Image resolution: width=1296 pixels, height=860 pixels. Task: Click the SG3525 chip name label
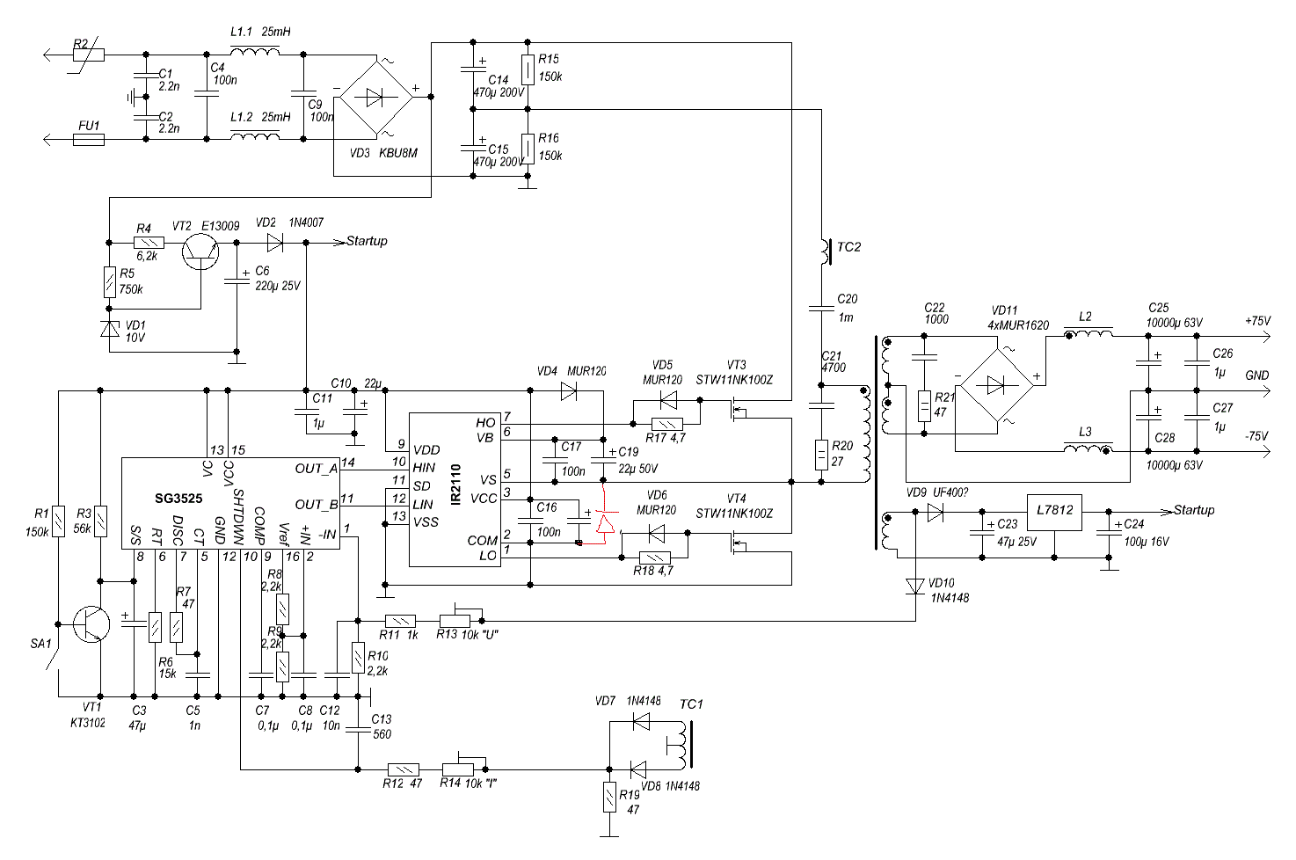(x=178, y=499)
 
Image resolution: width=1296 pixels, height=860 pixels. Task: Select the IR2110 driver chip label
(x=456, y=485)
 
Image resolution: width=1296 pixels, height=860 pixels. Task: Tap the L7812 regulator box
(x=1054, y=513)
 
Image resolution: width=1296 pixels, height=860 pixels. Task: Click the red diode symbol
(x=605, y=522)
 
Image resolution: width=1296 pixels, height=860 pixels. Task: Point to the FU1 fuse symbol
(x=89, y=140)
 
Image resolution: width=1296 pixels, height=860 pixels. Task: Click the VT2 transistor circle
(x=200, y=251)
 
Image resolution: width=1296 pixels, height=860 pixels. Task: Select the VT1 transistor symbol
(x=91, y=624)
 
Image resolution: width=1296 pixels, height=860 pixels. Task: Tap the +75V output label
(x=1257, y=321)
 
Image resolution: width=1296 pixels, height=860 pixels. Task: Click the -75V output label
(x=1256, y=436)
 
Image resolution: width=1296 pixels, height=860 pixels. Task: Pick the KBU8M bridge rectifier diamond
(x=376, y=98)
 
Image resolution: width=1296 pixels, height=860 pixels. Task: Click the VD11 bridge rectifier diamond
(x=994, y=385)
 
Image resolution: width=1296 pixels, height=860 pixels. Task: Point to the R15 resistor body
(x=527, y=70)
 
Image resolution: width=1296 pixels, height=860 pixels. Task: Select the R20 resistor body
(x=821, y=455)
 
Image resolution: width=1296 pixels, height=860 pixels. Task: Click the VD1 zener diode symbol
(x=110, y=328)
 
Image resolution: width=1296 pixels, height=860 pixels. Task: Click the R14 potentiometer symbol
(x=464, y=766)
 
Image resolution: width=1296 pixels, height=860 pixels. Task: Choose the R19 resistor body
(x=609, y=797)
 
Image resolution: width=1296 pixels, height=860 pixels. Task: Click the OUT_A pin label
(x=316, y=469)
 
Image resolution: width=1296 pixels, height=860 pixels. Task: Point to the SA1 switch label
(x=41, y=644)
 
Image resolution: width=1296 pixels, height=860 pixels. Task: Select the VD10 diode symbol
(x=915, y=587)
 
